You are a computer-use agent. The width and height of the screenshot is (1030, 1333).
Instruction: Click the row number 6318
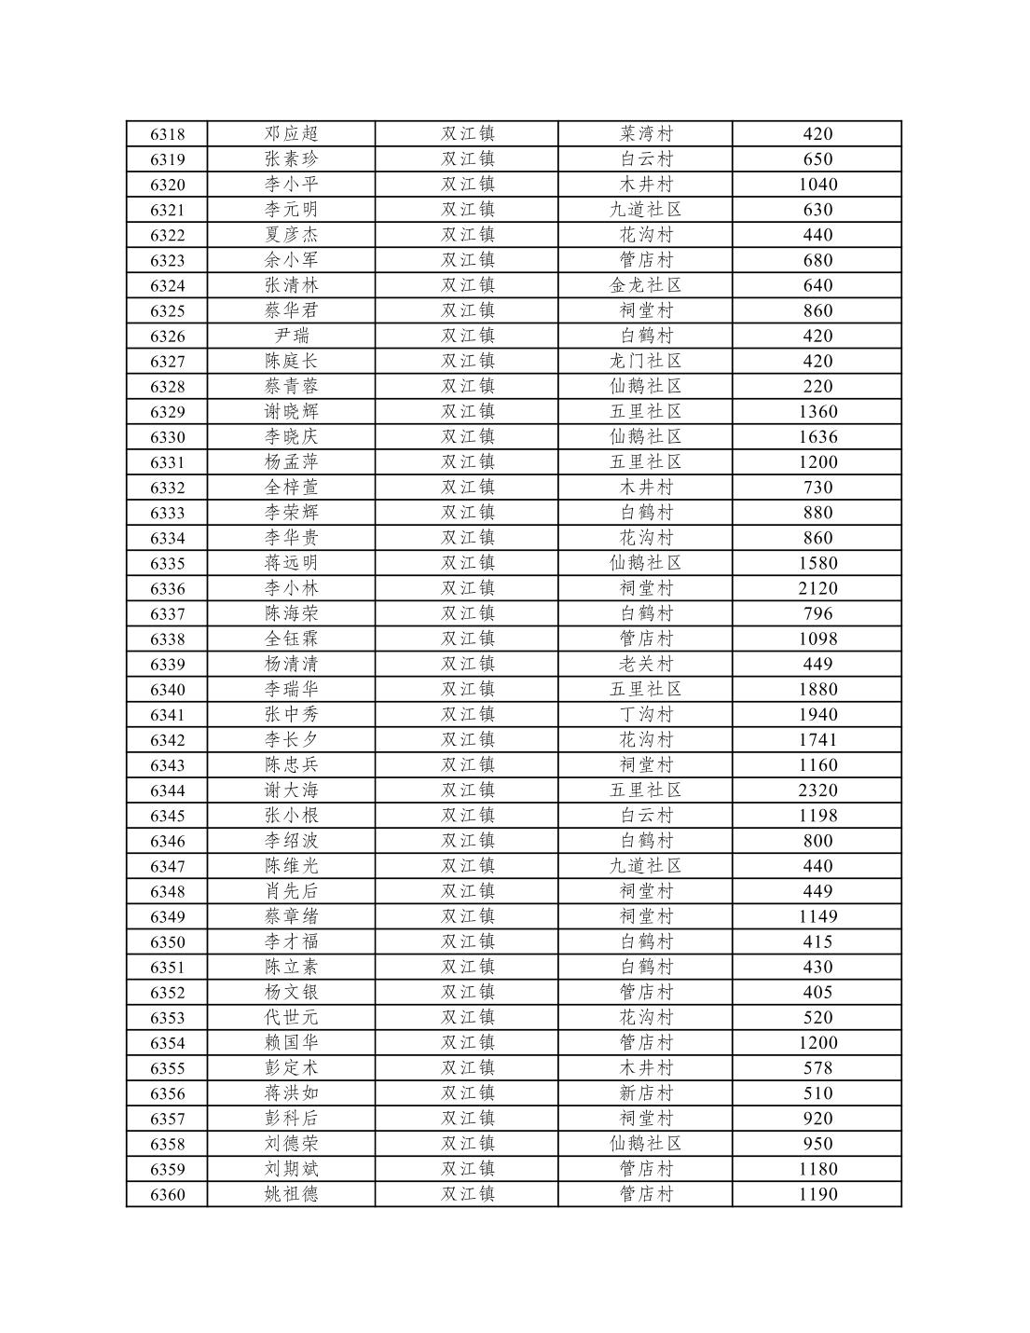tap(168, 134)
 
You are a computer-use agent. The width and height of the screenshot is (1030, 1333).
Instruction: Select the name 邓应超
tap(291, 134)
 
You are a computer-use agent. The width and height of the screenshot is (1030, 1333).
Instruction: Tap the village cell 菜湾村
tap(645, 134)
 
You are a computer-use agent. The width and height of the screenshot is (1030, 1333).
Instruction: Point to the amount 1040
tap(817, 185)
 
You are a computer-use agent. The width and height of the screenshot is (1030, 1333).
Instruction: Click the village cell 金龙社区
tap(645, 285)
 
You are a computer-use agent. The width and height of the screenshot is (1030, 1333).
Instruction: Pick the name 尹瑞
tap(291, 336)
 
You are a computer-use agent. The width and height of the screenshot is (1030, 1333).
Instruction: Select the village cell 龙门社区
tap(645, 361)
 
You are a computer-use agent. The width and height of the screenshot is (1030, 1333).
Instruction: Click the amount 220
tap(817, 386)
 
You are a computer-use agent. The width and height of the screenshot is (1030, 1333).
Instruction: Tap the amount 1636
tap(817, 436)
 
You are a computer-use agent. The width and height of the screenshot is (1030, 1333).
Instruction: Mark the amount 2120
tap(817, 588)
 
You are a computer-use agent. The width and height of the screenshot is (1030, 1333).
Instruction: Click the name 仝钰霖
tap(291, 639)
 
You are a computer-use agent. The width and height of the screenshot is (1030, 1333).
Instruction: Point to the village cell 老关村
tap(645, 664)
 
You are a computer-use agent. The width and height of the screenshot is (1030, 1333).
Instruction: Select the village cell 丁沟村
tap(645, 714)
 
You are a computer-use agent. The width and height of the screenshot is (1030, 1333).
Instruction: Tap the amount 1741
tap(817, 739)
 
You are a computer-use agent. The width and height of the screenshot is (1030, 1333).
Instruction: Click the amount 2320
tap(817, 790)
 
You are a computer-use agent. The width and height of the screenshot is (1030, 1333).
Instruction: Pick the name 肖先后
tap(291, 891)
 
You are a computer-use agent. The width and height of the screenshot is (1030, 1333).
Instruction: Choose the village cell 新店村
tap(645, 1093)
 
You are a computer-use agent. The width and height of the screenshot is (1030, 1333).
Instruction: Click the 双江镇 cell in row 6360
tap(467, 1194)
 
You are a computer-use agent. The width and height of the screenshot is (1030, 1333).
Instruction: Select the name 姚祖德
tap(291, 1194)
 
